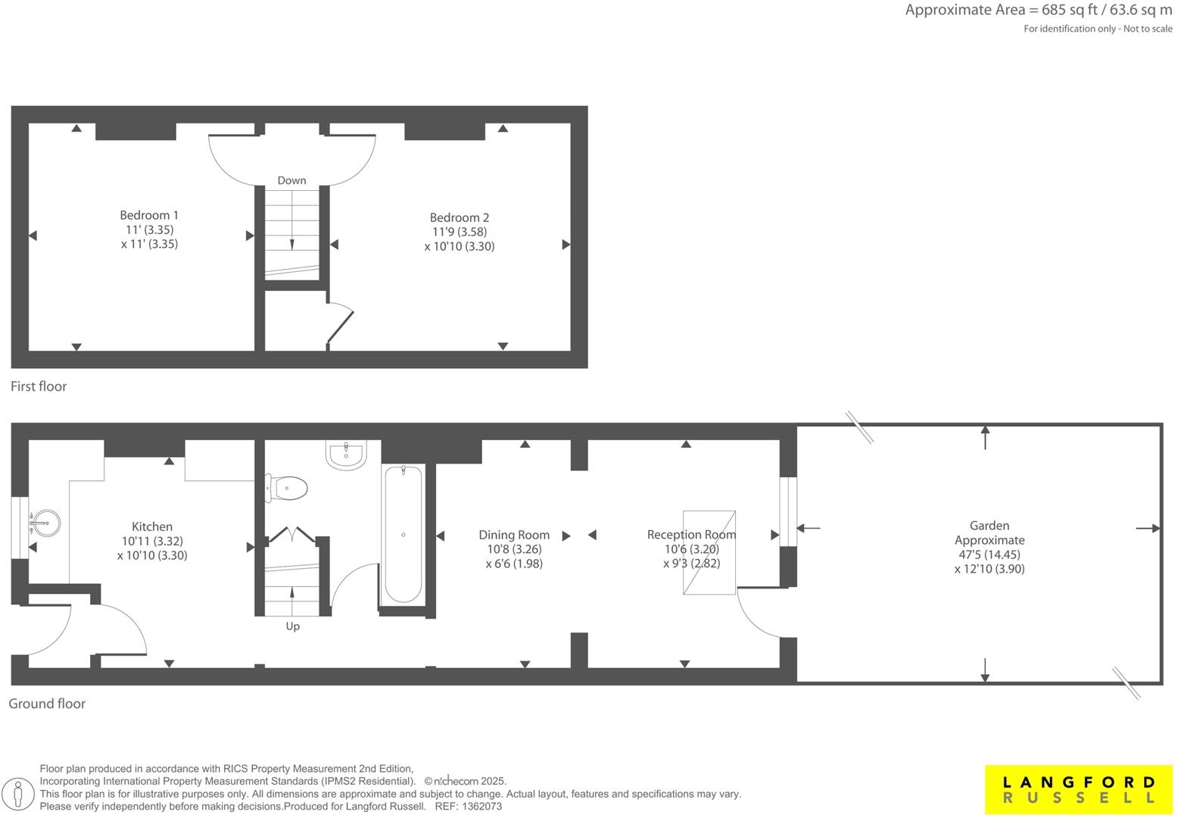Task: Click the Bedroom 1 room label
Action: click(x=149, y=215)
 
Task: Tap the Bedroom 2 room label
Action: click(x=460, y=217)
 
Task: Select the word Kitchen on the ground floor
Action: click(x=152, y=526)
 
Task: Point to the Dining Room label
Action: click(x=514, y=535)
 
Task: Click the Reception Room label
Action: click(x=691, y=535)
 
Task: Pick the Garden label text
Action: click(x=989, y=526)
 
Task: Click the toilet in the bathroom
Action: click(x=287, y=489)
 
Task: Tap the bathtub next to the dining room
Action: click(x=404, y=534)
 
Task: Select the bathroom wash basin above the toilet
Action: click(x=346, y=454)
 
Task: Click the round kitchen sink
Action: click(x=45, y=523)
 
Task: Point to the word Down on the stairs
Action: click(x=291, y=180)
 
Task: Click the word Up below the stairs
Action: click(x=292, y=626)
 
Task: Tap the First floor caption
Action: click(x=39, y=386)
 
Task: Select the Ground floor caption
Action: click(x=47, y=704)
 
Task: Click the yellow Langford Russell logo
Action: click(x=1078, y=790)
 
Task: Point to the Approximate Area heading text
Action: click(x=1038, y=11)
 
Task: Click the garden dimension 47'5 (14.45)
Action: click(x=989, y=554)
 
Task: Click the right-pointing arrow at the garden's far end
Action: click(x=1148, y=529)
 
